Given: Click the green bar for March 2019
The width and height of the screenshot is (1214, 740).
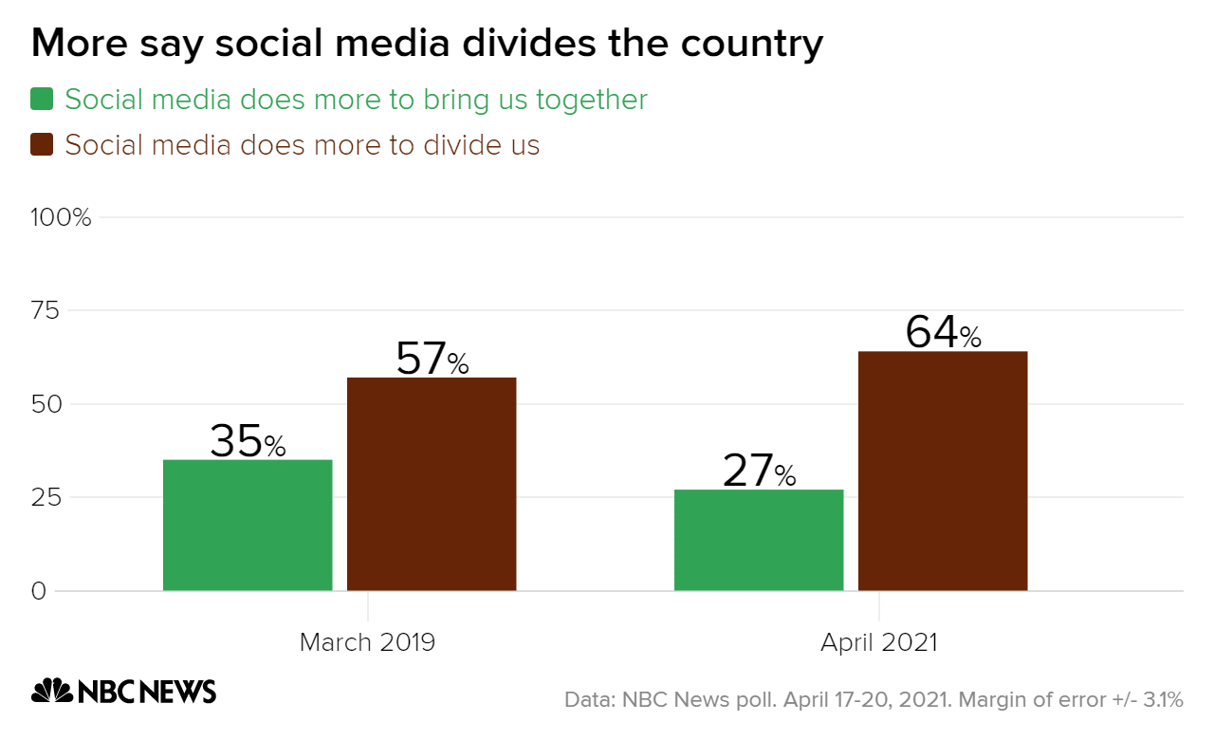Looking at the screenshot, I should click(x=248, y=526).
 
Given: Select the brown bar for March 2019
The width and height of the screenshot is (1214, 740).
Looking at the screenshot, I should click(x=432, y=484).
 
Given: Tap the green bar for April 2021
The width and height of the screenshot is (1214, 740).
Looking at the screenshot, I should click(x=759, y=541).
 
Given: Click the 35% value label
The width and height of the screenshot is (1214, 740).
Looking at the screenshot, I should click(x=248, y=441).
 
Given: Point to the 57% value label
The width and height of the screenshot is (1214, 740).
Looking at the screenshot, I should click(x=432, y=360).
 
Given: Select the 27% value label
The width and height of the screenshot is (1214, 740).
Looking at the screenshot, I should click(x=759, y=472).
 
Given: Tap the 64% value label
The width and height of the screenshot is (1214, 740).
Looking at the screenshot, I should click(x=943, y=333).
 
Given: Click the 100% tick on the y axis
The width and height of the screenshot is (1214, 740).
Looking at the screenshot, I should click(x=61, y=218).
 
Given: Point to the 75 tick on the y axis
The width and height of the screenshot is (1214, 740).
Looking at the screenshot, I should click(x=46, y=311).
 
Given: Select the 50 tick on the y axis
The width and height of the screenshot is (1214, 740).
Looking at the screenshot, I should click(x=46, y=404).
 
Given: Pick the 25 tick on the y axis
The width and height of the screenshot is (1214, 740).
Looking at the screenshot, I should click(x=46, y=497).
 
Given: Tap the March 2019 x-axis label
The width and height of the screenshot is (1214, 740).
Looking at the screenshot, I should click(x=367, y=642).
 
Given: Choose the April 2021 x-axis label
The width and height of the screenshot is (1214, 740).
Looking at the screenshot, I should click(x=879, y=642).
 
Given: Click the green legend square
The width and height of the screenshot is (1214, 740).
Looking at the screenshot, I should click(x=43, y=99).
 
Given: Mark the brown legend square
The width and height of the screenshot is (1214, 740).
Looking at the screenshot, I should click(x=43, y=145).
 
